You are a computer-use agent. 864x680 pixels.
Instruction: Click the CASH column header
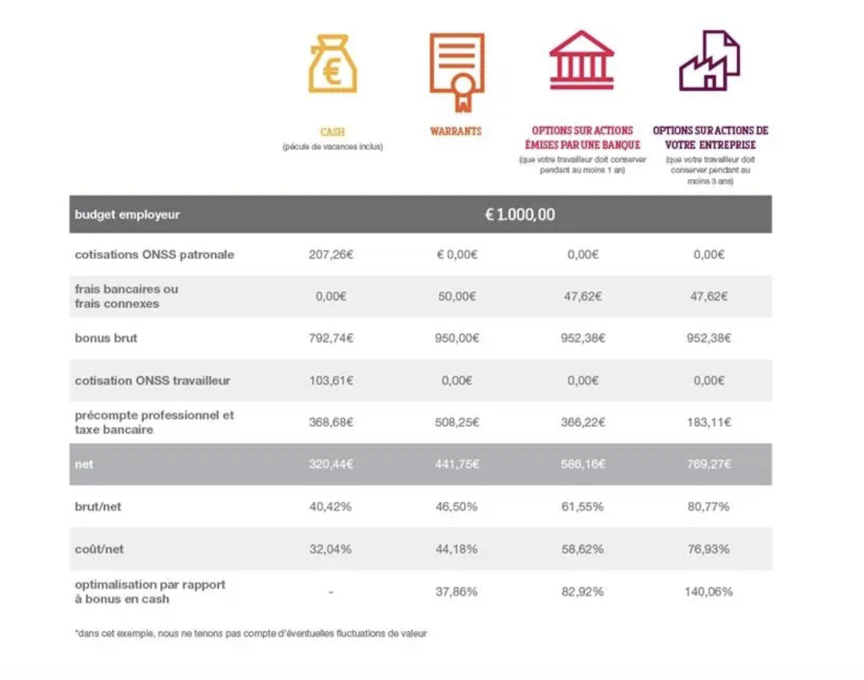coord(332,132)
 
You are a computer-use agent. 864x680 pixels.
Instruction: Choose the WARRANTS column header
coord(456,131)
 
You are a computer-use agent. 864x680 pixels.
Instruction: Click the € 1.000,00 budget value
coord(520,215)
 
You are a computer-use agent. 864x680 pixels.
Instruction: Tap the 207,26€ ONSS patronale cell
coord(331,255)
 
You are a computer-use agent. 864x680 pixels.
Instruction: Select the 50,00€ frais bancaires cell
coord(457,297)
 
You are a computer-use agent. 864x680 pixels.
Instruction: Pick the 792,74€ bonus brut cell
coord(331,338)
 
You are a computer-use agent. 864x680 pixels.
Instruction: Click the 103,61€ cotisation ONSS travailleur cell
coord(331,380)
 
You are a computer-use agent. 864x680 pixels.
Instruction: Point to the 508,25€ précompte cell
coord(457,422)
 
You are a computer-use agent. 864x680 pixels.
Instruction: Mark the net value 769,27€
coord(709,464)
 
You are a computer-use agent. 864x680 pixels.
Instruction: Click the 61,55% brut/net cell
coord(582,507)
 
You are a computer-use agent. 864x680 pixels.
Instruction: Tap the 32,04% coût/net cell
coord(330,549)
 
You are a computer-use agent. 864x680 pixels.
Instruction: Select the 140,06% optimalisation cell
coord(709,592)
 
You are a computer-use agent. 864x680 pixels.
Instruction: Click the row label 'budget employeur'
coord(127,215)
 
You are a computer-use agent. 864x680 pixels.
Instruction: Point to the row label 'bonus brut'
coord(106,338)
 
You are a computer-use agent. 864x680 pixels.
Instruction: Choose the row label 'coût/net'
coord(99,549)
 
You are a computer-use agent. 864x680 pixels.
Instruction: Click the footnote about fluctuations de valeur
coord(251,633)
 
